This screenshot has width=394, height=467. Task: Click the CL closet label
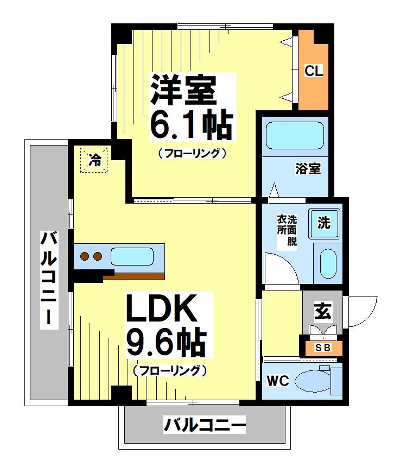[314, 71]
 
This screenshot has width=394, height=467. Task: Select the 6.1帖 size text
[191, 126]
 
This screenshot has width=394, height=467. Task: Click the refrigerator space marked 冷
[94, 160]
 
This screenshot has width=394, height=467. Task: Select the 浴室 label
[308, 169]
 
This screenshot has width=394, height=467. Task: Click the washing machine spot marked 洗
[323, 223]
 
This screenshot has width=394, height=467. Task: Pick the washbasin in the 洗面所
[328, 263]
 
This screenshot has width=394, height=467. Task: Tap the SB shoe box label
[322, 348]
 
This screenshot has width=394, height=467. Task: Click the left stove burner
[84, 256]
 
